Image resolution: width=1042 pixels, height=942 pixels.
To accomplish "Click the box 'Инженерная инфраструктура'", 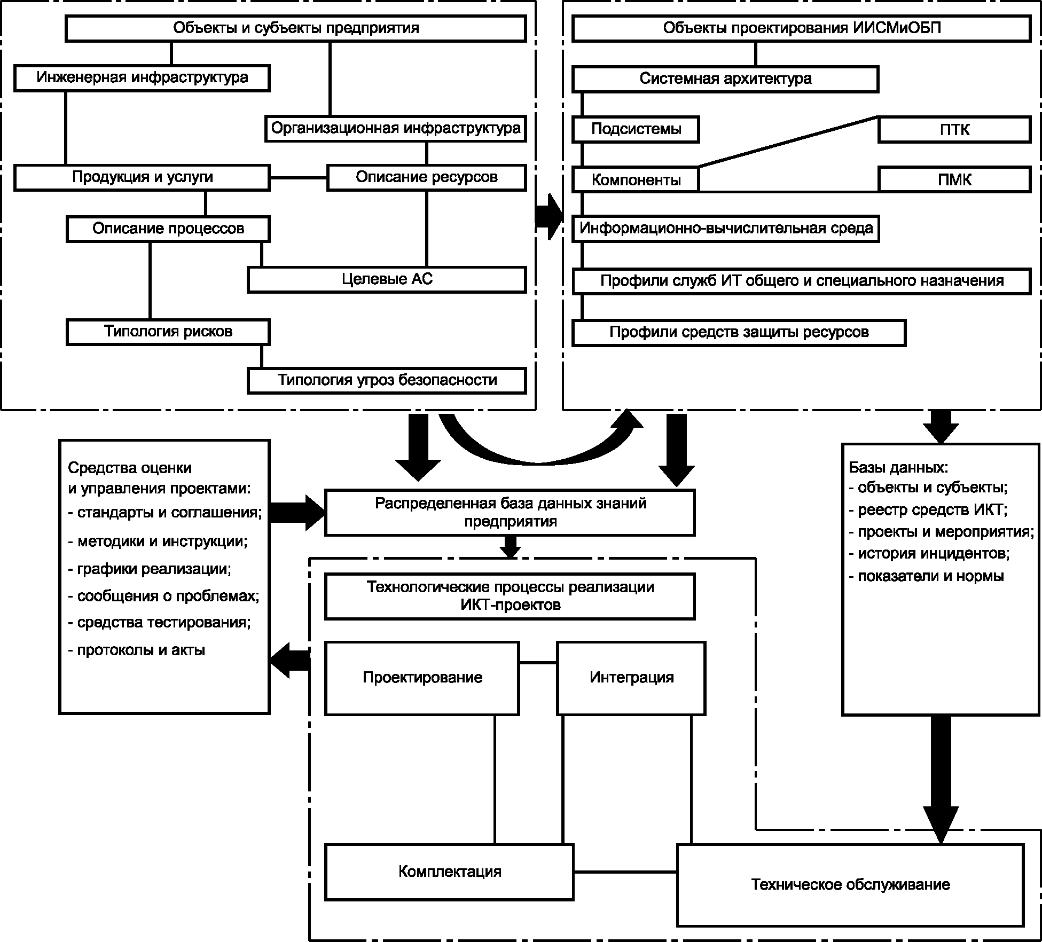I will [142, 78].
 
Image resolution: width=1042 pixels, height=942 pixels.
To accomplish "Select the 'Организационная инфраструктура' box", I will [395, 129].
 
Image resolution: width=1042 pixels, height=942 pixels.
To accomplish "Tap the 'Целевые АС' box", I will [387, 279].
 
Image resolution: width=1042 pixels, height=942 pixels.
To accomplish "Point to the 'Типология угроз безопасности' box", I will [387, 380].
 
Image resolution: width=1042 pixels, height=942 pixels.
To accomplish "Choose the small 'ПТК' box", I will [954, 130].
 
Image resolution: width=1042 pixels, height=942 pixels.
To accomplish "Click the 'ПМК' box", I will [954, 179].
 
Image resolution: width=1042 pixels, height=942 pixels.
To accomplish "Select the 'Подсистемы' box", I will [636, 130].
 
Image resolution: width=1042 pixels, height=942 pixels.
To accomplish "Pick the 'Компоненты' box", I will [636, 180].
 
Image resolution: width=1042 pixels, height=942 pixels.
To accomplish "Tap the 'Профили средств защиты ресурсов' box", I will [739, 332].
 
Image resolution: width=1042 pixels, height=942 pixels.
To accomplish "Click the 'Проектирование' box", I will [422, 678].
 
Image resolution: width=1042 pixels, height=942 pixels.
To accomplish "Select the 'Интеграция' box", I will [631, 678].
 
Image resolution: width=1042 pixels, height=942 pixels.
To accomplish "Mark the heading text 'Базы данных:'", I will [898, 468].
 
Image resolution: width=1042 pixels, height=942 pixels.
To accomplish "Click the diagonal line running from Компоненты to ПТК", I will [788, 142].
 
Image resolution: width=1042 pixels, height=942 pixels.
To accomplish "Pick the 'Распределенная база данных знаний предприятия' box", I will [510, 512].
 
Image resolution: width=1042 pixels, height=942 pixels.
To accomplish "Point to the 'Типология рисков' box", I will [168, 332].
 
